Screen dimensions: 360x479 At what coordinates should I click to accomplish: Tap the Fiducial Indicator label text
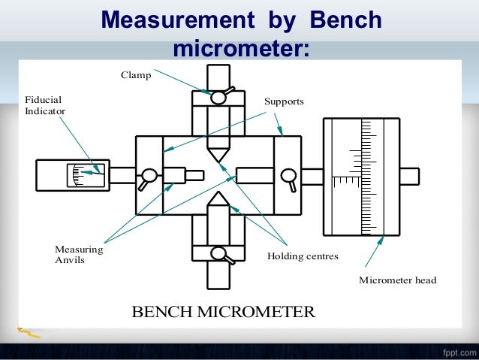(45, 105)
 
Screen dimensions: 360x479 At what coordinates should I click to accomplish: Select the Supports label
(283, 101)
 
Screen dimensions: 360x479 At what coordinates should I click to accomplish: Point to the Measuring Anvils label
(79, 255)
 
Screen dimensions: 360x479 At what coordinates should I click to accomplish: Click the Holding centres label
(303, 256)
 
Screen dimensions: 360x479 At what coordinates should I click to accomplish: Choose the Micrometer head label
(397, 280)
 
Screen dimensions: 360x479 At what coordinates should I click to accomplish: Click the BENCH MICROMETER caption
(223, 311)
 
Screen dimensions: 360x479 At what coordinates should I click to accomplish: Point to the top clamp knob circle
(218, 98)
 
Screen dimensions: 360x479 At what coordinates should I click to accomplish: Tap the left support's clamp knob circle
(149, 176)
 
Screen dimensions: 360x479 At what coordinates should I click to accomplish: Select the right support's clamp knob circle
(286, 176)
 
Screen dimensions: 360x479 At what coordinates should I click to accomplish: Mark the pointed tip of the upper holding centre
(218, 159)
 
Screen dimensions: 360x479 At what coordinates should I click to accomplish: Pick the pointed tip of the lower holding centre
(218, 192)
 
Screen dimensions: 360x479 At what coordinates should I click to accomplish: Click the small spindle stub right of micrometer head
(409, 176)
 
